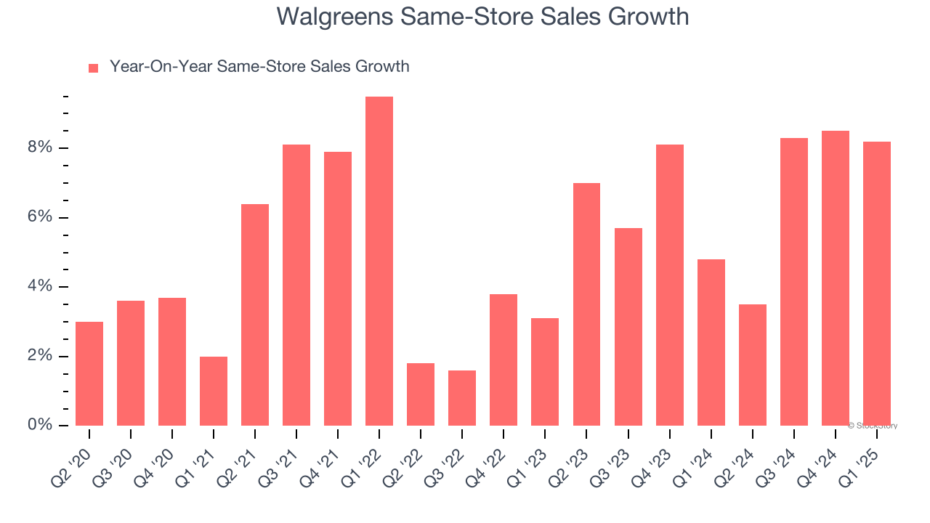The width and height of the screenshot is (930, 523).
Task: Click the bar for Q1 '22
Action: tap(379, 261)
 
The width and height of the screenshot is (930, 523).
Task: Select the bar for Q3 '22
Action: tap(462, 398)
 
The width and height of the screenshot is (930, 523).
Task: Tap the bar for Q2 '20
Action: tap(89, 373)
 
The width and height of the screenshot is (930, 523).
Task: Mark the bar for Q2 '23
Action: tap(586, 304)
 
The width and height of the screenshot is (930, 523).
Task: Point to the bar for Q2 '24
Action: tap(753, 365)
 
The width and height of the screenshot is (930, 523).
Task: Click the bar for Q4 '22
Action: tap(504, 360)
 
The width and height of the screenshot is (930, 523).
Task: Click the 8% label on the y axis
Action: tap(41, 148)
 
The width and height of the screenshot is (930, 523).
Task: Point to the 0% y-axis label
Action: tap(41, 426)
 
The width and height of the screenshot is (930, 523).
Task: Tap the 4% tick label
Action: tap(41, 287)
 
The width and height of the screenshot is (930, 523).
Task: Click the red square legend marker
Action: tap(93, 68)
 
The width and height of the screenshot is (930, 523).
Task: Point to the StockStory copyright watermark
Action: tap(873, 426)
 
